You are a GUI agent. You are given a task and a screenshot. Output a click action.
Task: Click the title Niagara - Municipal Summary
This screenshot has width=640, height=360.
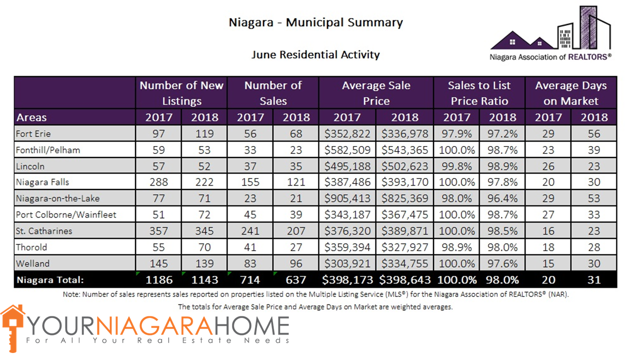coord(315,22)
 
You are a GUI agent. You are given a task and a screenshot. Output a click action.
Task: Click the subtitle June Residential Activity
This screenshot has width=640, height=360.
coord(315,54)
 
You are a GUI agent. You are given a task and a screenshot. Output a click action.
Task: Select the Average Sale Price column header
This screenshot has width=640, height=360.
coord(376,93)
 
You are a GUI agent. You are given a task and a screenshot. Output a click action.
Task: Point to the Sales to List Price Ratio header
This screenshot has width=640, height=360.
coord(479,93)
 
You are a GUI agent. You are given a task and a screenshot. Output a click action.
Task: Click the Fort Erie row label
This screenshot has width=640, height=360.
coord(33,133)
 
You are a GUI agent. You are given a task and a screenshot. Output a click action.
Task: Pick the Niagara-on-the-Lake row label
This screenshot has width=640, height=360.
coord(58,198)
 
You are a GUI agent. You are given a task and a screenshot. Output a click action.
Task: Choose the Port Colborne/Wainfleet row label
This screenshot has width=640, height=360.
coord(66,214)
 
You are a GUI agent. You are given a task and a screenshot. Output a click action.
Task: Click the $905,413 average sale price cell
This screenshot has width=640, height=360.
coord(347,198)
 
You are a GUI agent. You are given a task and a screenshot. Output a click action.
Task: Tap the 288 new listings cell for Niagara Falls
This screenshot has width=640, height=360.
coord(158,182)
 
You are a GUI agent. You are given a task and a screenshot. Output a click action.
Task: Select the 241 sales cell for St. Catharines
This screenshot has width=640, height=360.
coord(250,230)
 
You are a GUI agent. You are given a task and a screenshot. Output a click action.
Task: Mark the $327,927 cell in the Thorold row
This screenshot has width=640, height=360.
coord(404,247)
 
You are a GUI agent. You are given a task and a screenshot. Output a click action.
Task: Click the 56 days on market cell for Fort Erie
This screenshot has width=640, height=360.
coord(593,133)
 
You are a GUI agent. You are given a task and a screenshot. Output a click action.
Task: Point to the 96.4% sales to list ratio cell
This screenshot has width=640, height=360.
coord(502,198)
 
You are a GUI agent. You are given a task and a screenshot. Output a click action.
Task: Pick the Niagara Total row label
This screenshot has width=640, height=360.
coord(50,280)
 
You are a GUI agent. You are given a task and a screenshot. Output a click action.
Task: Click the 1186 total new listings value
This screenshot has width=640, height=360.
coord(158,280)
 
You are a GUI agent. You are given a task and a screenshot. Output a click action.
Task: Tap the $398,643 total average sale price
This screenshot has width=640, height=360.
coord(404,280)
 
